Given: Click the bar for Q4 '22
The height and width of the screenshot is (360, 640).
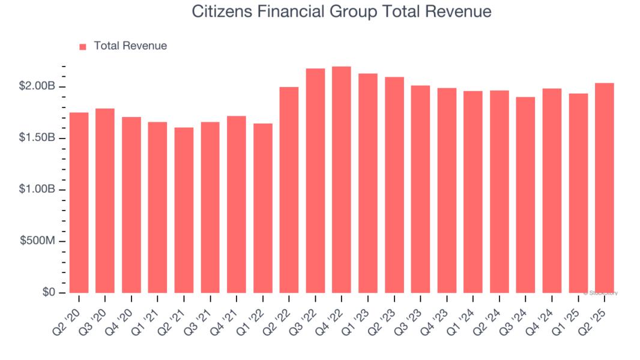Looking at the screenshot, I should [x=342, y=179].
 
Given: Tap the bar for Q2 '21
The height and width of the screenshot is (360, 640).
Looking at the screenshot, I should [x=184, y=210].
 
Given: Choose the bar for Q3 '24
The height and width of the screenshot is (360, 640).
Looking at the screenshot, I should [x=525, y=194].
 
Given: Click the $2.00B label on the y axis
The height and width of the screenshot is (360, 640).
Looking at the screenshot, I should [x=38, y=86].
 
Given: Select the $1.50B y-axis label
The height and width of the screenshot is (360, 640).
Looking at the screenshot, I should [x=38, y=138].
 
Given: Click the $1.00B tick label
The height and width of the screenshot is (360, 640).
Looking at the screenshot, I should [x=38, y=190].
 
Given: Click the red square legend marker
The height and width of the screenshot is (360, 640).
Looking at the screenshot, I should [x=83, y=46].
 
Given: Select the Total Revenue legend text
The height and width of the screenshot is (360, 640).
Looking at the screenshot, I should [x=130, y=46].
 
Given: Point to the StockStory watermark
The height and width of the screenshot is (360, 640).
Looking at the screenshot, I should [x=600, y=293].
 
